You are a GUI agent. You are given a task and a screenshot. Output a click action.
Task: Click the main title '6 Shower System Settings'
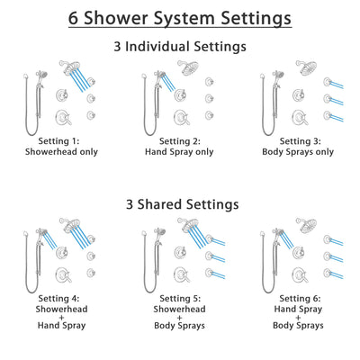pos(180,17)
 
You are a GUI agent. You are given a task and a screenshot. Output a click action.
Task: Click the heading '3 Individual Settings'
pos(180,45)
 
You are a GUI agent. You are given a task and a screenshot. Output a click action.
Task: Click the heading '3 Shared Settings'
pos(180,204)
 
